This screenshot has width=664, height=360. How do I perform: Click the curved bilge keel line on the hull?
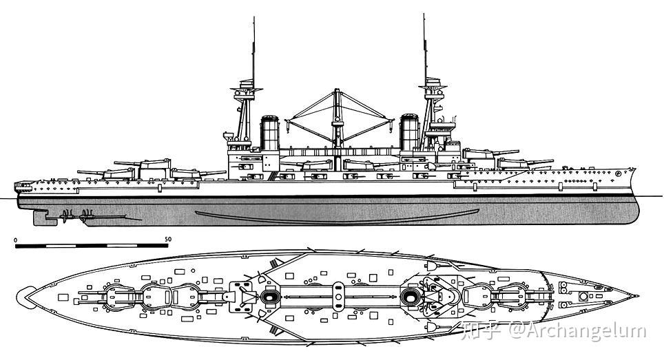point(338,216)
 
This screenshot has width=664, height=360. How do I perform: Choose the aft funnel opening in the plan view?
point(269,297)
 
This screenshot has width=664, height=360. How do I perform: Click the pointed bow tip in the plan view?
point(639,297)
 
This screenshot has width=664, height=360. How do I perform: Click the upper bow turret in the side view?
point(482,153)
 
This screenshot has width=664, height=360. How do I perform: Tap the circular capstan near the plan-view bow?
point(583,297)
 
